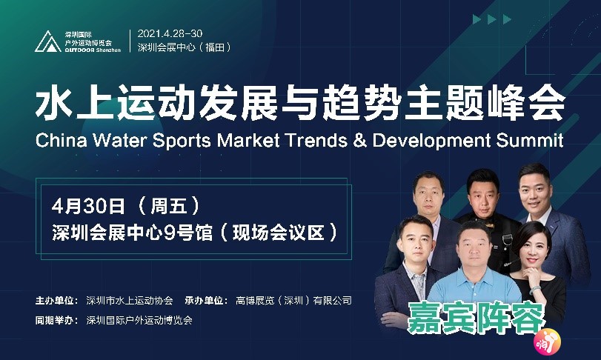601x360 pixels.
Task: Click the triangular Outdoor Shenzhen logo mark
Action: [48, 41]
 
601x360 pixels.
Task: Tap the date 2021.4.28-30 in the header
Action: [170, 33]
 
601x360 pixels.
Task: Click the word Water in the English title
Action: [120, 140]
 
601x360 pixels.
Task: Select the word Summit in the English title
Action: [530, 140]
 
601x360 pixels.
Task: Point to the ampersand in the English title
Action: [360, 140]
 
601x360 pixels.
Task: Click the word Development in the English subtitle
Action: [431, 141]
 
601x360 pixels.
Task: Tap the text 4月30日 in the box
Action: [88, 206]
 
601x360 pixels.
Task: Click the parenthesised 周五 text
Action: [169, 206]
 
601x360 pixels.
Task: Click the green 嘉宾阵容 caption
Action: [476, 319]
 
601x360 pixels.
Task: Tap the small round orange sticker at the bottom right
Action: [548, 342]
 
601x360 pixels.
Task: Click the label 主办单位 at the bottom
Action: [57, 301]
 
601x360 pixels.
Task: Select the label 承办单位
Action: [206, 301]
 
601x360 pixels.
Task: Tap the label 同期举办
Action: [57, 320]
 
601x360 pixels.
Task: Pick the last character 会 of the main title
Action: [547, 103]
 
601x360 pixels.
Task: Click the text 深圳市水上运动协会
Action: [130, 301]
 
